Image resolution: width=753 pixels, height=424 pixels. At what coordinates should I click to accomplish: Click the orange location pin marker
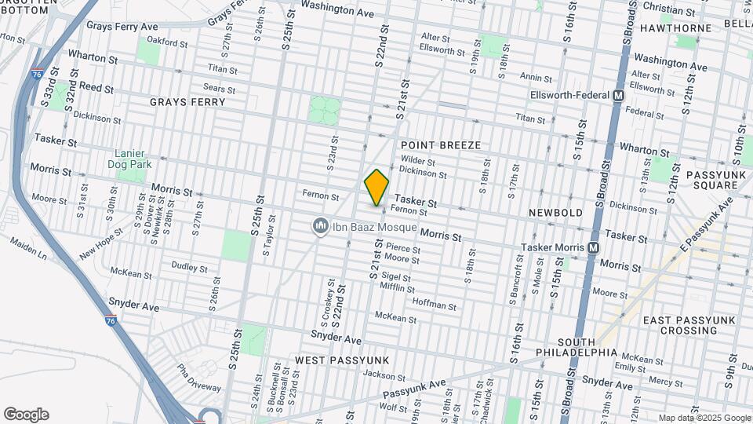[x=376, y=187]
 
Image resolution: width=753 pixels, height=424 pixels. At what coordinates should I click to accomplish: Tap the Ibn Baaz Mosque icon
[x=319, y=226]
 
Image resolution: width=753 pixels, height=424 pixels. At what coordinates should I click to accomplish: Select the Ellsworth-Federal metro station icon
[x=618, y=95]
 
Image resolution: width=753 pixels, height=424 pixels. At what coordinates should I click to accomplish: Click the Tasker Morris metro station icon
[x=594, y=247]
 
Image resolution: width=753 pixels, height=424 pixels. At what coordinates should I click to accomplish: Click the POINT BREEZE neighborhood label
[x=440, y=145]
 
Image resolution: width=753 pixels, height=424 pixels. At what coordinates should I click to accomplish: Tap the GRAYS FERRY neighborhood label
[x=187, y=102]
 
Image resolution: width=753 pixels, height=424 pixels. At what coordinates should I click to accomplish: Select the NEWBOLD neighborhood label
[x=555, y=213]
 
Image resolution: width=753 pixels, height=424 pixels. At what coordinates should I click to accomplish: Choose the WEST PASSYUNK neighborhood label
[x=342, y=360]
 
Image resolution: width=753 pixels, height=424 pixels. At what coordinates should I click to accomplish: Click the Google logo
[x=26, y=415]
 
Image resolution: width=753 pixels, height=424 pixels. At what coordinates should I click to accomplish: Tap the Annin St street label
[x=537, y=78]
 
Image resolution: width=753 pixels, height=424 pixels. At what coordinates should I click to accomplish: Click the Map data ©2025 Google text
[x=704, y=418]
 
